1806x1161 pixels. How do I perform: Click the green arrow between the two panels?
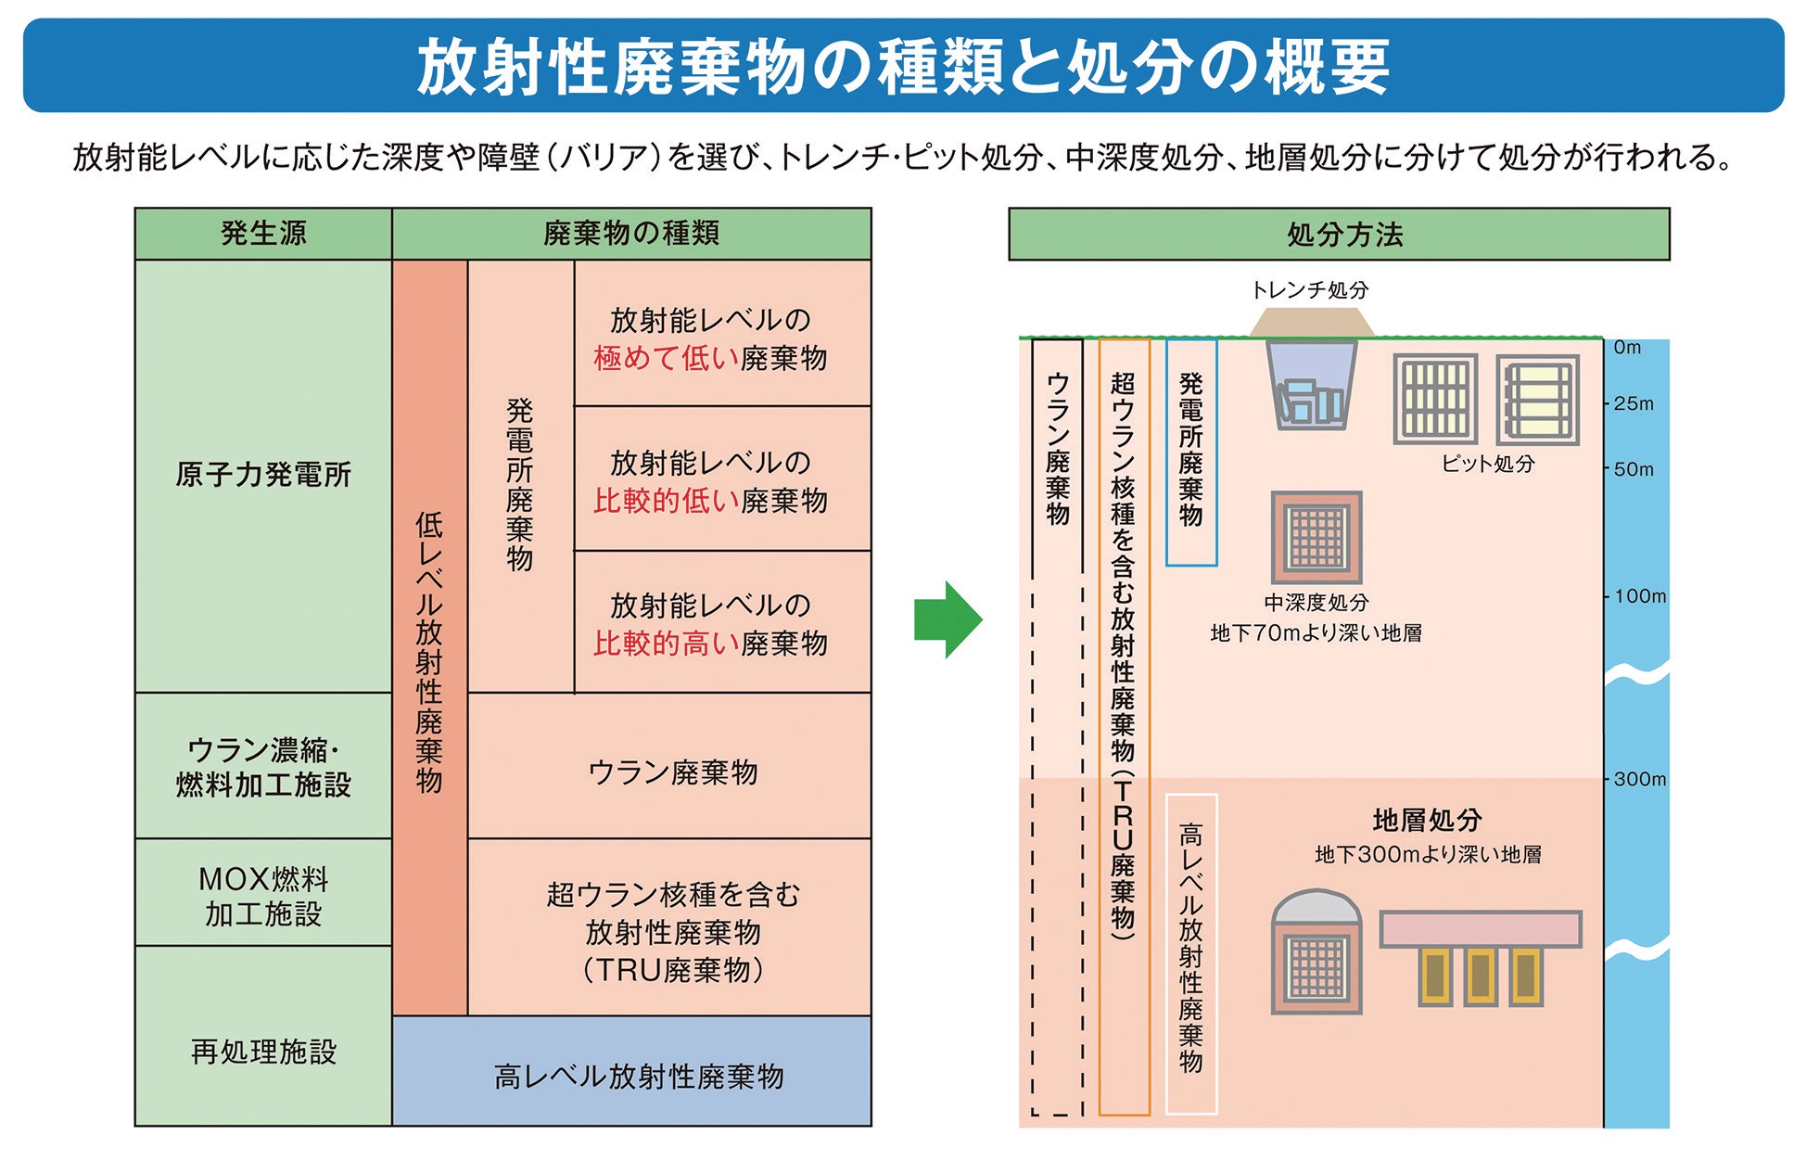point(948,619)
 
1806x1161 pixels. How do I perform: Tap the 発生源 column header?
point(263,234)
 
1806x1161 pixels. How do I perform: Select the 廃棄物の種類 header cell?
point(631,234)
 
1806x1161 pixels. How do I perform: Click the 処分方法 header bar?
point(1339,234)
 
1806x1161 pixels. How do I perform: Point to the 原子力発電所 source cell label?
point(263,475)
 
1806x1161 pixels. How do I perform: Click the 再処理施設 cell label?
point(263,1052)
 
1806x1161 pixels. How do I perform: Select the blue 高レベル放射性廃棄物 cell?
point(631,1071)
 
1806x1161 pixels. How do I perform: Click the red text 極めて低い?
point(666,358)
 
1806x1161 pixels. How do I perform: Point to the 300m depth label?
point(1639,779)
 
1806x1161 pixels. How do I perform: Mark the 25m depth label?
point(1634,403)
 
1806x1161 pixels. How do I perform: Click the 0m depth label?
point(1627,348)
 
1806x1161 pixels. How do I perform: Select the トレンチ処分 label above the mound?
point(1309,289)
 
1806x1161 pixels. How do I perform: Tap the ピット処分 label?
point(1487,463)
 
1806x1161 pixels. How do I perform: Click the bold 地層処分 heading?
point(1427,820)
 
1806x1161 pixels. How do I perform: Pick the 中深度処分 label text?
point(1316,603)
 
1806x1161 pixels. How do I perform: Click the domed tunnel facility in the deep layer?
point(1316,951)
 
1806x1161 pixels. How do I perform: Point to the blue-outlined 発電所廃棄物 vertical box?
point(1191,452)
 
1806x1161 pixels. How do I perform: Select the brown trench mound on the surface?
point(1311,323)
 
